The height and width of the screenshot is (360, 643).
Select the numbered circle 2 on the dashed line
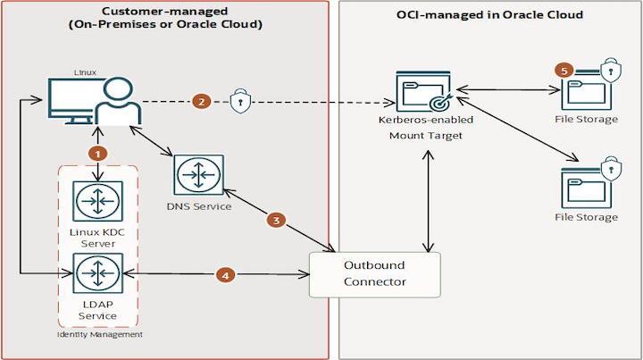tap(203, 101)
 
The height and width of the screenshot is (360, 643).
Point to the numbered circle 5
tap(563, 69)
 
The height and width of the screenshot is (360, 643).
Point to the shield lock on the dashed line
tap(239, 101)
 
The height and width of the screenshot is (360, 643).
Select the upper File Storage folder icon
tap(586, 88)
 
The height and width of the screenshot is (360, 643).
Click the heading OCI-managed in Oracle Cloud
tap(489, 14)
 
